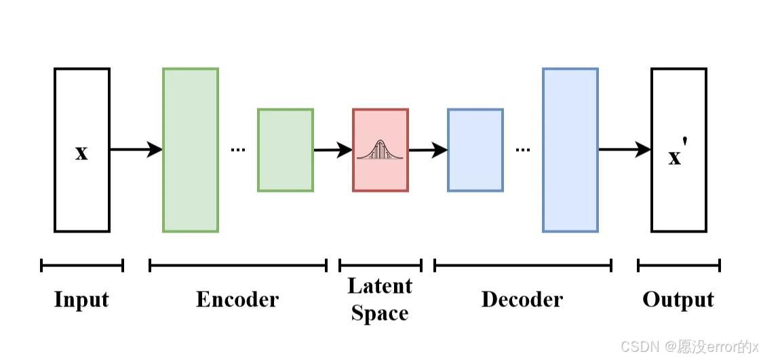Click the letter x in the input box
(81, 153)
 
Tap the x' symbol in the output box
(677, 156)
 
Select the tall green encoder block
(191, 150)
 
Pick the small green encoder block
(286, 150)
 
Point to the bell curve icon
(380, 150)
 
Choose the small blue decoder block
(475, 150)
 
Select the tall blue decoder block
(570, 150)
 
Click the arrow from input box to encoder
(136, 149)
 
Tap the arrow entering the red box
(332, 149)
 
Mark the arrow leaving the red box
(427, 149)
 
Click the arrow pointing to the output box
(624, 149)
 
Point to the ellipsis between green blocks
(237, 149)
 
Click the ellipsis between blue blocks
(522, 149)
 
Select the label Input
(81, 300)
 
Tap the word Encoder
(237, 300)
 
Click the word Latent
(380, 286)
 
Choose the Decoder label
(522, 300)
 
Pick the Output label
(678, 300)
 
